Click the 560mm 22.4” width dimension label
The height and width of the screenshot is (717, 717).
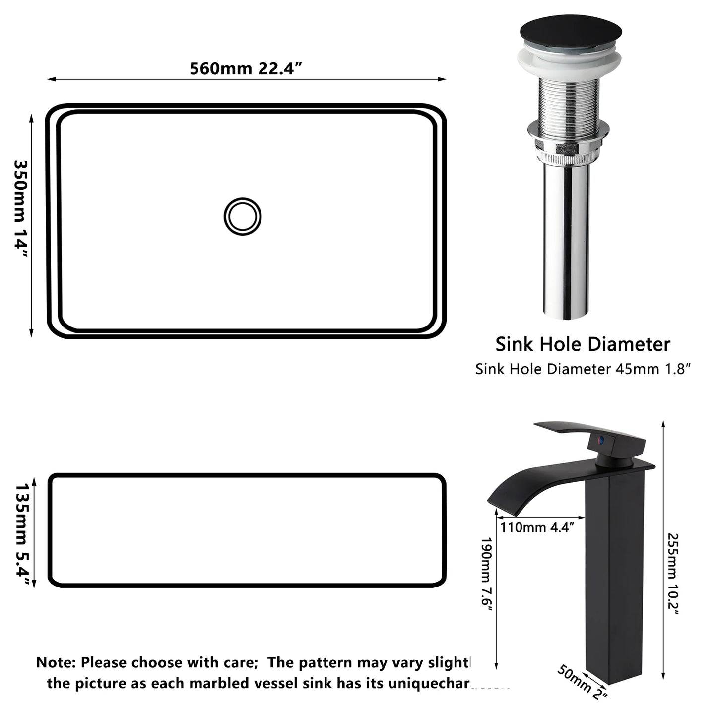(x=246, y=68)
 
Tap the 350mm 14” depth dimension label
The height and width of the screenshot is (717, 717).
(x=21, y=208)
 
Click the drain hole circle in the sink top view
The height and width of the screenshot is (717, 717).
(x=242, y=217)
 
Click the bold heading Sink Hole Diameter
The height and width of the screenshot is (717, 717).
(x=583, y=344)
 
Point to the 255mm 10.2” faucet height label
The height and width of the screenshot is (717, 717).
(x=673, y=573)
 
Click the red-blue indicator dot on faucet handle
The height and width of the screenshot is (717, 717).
(x=601, y=440)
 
